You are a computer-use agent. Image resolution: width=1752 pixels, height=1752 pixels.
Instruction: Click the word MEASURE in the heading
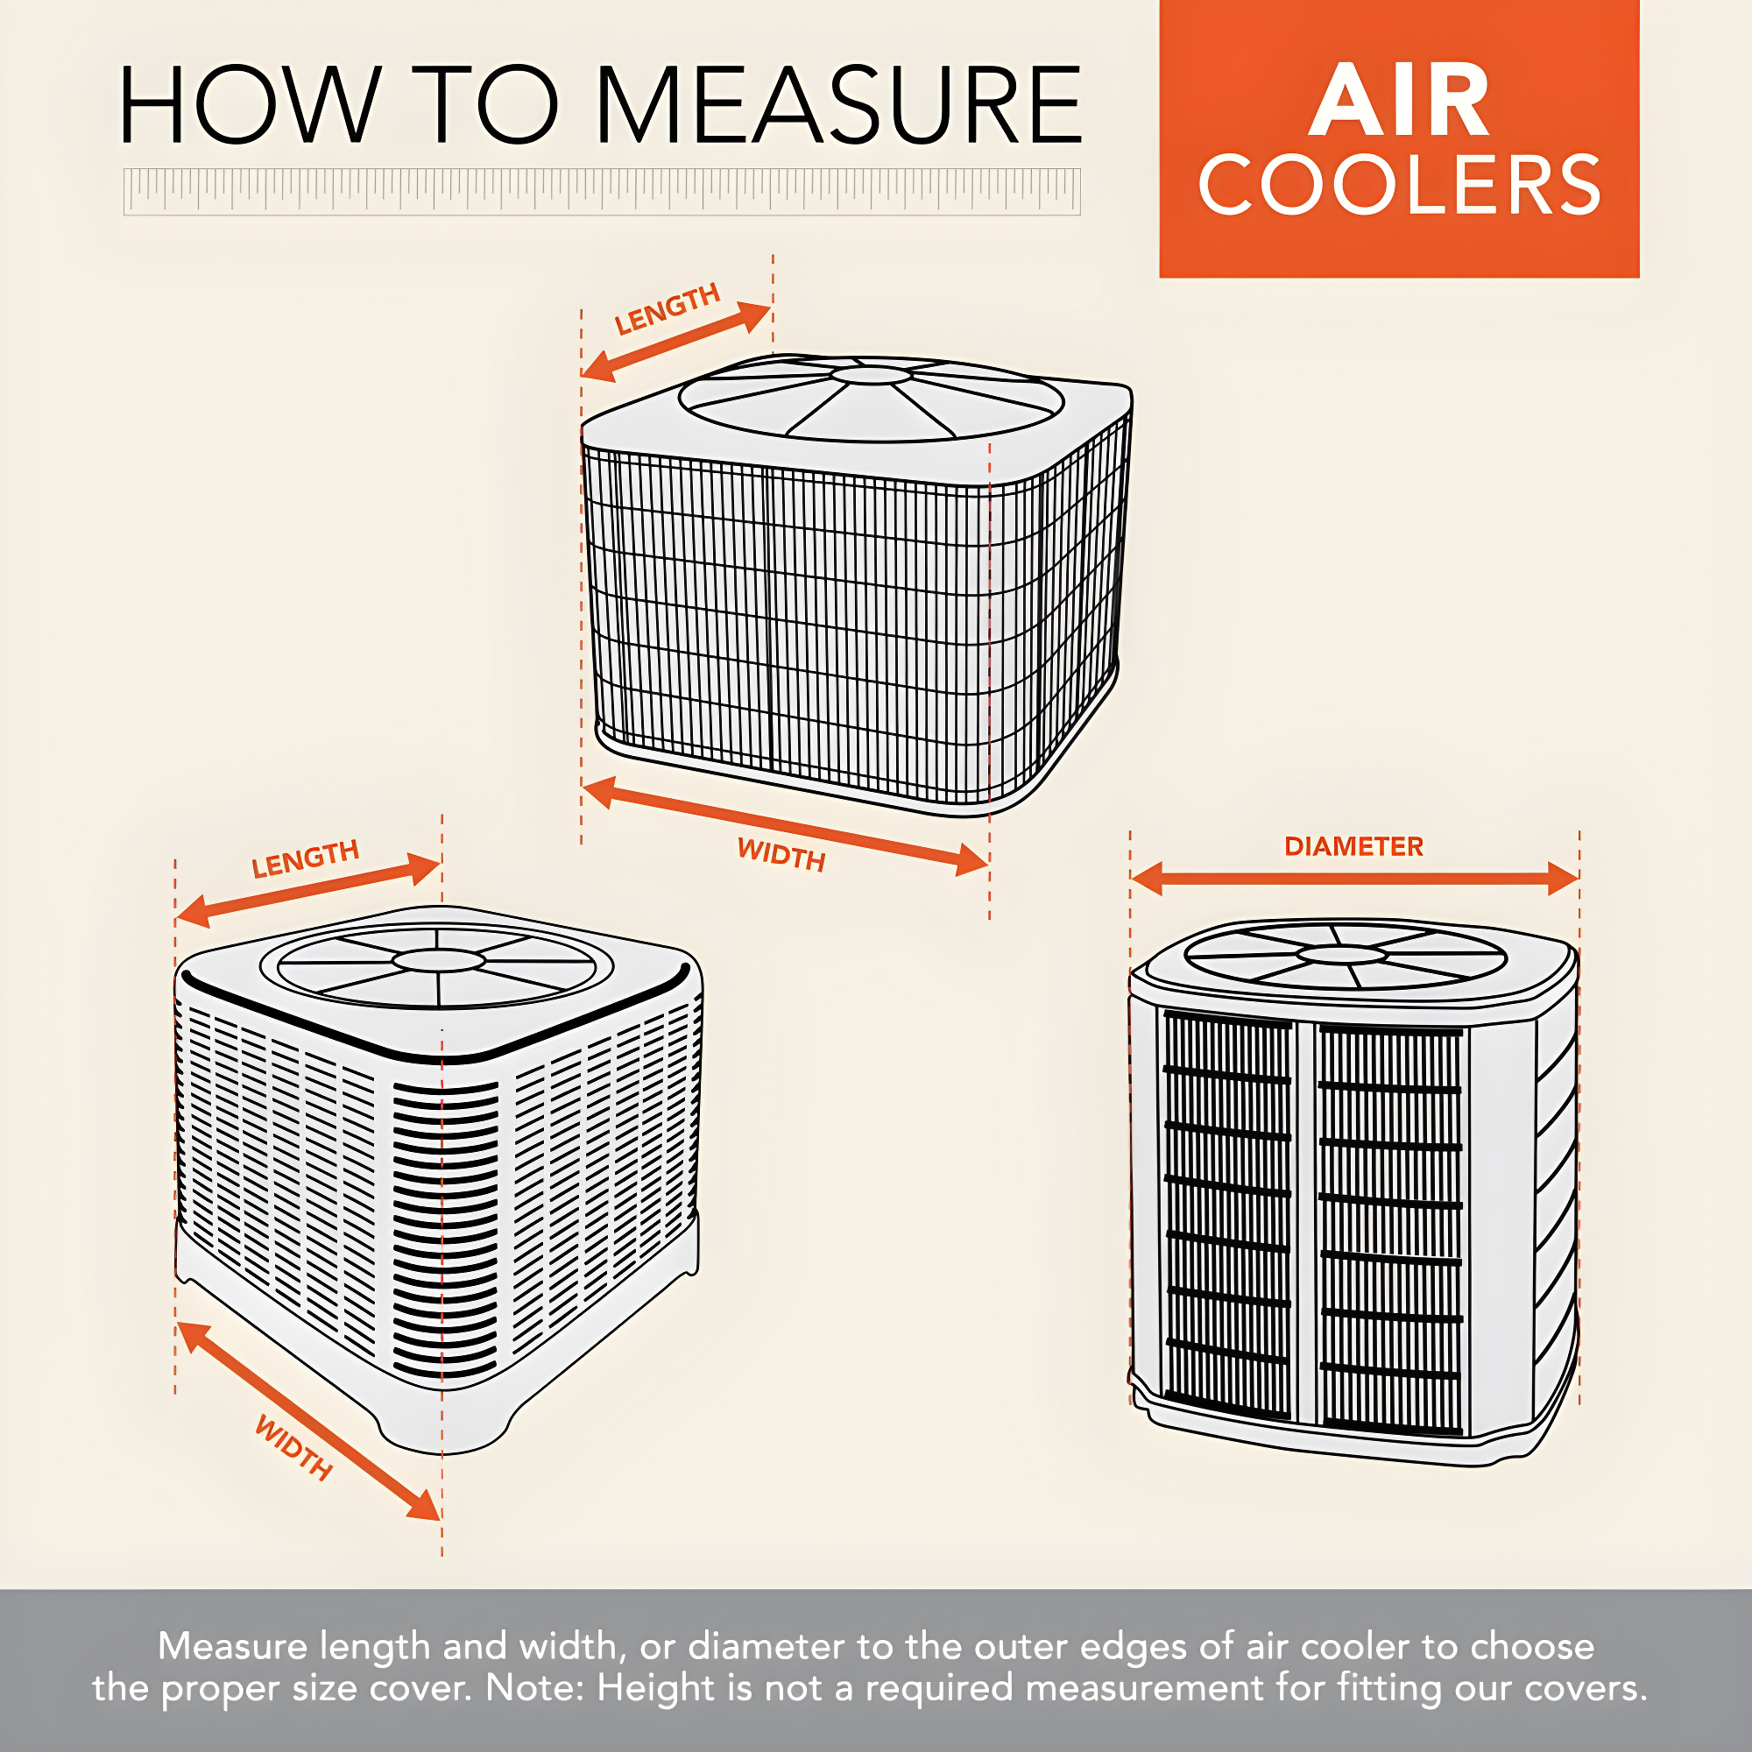click(x=839, y=105)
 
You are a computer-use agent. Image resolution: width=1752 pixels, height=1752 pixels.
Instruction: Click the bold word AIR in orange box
click(x=1399, y=100)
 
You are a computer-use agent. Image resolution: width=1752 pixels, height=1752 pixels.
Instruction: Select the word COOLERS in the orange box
click(x=1399, y=185)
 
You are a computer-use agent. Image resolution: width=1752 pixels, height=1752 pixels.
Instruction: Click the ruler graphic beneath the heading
click(x=601, y=191)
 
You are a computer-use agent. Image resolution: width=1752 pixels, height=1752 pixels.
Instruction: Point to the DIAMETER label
click(x=1354, y=846)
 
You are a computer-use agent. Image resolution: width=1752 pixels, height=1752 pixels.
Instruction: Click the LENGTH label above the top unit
click(x=668, y=308)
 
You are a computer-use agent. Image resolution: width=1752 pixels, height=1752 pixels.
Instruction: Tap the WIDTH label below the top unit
click(x=781, y=854)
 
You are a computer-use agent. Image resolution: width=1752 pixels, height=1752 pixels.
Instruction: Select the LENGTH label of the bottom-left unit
click(x=306, y=858)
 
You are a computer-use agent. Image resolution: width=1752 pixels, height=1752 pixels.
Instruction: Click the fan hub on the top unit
click(x=872, y=374)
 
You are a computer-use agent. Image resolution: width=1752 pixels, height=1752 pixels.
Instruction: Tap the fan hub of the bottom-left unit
click(x=439, y=960)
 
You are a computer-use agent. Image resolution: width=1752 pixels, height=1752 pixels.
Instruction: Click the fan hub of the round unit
click(x=1342, y=954)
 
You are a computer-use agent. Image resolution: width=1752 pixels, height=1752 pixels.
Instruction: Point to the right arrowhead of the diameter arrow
click(x=1563, y=879)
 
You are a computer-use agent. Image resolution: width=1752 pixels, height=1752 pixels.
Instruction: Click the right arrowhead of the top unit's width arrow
click(x=971, y=858)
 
